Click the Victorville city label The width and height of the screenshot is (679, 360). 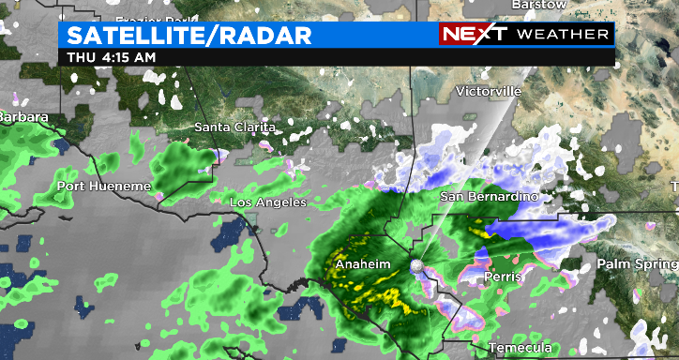[x=487, y=91]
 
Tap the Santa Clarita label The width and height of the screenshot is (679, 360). [x=234, y=127]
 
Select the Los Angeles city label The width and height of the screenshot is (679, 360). [x=268, y=202]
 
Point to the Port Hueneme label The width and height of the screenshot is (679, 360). [x=103, y=186]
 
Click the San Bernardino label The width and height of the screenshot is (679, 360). [x=490, y=197]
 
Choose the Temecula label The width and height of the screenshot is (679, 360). [x=521, y=348]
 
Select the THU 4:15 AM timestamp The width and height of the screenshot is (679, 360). [x=111, y=57]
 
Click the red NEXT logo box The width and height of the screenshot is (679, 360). [x=474, y=34]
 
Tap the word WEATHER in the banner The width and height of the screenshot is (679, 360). [x=562, y=35]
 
